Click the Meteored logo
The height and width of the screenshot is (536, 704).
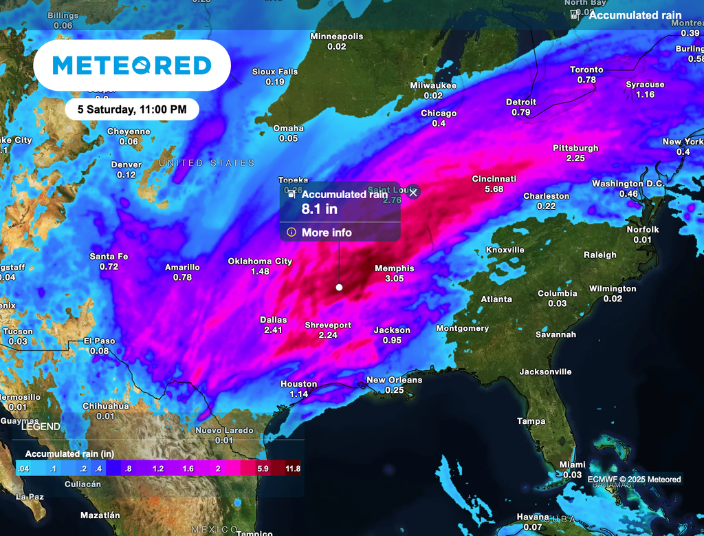pos(132,65)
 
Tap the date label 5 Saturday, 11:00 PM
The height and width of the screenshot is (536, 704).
pos(132,109)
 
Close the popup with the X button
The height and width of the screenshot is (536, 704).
pos(413,193)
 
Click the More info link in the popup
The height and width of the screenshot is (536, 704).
pos(326,233)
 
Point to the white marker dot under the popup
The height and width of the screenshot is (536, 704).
pos(339,287)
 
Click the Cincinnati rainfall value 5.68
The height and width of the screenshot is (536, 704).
pos(494,189)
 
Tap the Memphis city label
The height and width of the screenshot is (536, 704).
pos(394,268)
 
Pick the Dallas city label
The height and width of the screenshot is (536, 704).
pos(273,320)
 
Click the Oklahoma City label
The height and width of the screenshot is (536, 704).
pos(260,261)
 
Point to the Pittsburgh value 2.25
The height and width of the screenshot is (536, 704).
pos(575,158)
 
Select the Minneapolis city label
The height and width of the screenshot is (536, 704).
pos(336,36)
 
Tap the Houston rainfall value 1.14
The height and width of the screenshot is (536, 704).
pos(298,394)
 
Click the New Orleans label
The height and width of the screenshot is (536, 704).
pos(394,380)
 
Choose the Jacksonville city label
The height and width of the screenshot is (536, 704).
pos(545,372)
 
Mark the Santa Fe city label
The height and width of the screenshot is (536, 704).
pos(109,257)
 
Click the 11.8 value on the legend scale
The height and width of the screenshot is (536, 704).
pos(293,469)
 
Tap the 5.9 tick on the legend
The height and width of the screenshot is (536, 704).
pos(262,469)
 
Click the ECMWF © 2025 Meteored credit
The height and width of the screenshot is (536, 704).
pos(634,480)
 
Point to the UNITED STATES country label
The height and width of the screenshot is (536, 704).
pos(206,163)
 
